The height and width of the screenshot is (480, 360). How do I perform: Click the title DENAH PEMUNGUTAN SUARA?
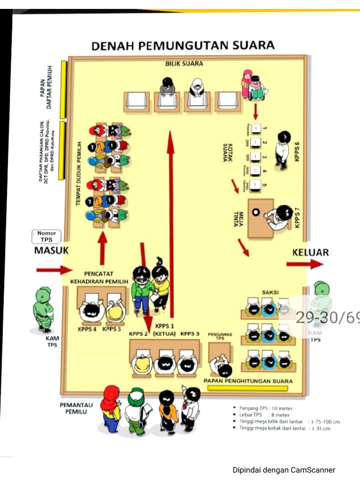click(182, 45)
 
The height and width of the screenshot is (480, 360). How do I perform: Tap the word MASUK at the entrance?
click(51, 250)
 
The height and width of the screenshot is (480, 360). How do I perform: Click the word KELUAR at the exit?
click(310, 252)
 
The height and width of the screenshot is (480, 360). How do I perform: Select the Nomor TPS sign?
click(46, 236)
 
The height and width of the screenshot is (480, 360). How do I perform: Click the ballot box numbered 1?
click(257, 128)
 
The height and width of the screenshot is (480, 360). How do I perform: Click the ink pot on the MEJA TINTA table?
click(255, 211)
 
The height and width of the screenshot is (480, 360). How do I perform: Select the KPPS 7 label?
click(297, 216)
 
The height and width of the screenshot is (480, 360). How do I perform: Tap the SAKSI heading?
click(270, 292)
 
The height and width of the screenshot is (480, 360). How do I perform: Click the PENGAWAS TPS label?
click(217, 337)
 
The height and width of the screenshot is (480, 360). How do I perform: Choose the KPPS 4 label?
click(88, 329)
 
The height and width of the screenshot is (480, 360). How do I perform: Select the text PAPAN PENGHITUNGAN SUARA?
click(248, 381)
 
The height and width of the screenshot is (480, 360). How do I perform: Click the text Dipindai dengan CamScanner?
click(284, 470)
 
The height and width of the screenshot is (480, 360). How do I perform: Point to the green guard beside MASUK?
click(44, 309)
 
